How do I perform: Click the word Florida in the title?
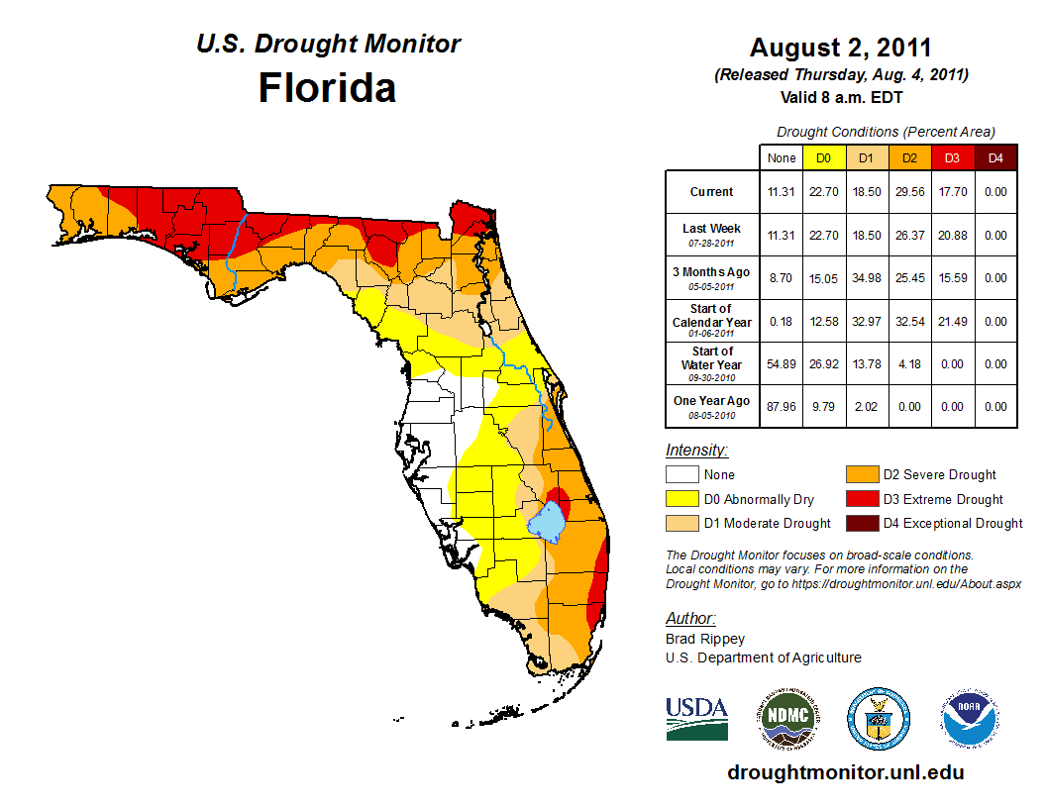[x=327, y=88]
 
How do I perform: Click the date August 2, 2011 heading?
[x=840, y=48]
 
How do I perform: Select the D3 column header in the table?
[x=950, y=156]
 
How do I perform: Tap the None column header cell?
[x=782, y=156]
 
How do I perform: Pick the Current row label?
[x=712, y=192]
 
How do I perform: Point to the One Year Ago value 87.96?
[x=782, y=406]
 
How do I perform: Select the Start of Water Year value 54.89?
[x=782, y=364]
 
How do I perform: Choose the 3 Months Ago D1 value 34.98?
[x=866, y=278]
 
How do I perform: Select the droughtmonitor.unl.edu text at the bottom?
[x=845, y=772]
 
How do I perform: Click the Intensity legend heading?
[x=696, y=451]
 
